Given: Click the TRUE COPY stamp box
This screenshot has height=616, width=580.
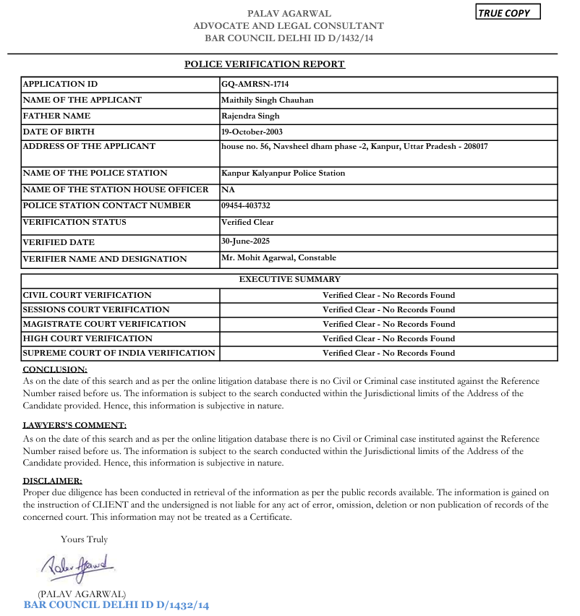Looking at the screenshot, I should pos(507,13).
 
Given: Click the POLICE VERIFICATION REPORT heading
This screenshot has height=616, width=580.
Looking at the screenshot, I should pos(265,64).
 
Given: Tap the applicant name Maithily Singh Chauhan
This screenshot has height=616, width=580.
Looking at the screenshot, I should pos(267,100).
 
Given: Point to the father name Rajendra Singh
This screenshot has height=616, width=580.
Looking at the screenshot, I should pos(250,116).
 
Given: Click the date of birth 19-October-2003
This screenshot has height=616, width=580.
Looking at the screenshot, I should pos(252,132).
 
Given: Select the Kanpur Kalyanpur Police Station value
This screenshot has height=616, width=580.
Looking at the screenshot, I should pos(283,174).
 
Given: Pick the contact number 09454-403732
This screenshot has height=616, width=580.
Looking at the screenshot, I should pos(246,205).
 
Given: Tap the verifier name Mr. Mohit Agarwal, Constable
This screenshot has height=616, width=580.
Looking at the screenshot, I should pos(278,257).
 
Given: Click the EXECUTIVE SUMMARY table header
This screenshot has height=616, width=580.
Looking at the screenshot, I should pos(289,279).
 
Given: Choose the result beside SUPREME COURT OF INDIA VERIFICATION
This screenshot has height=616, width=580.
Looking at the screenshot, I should pos(388,353).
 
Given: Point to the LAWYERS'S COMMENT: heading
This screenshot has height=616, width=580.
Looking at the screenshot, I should pos(74,425).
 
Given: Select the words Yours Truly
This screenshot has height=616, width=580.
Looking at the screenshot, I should pos(84,539).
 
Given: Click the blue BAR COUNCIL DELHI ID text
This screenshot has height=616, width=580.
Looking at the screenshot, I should pos(116,605).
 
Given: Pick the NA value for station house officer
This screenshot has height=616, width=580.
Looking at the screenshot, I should pos(227,189).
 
